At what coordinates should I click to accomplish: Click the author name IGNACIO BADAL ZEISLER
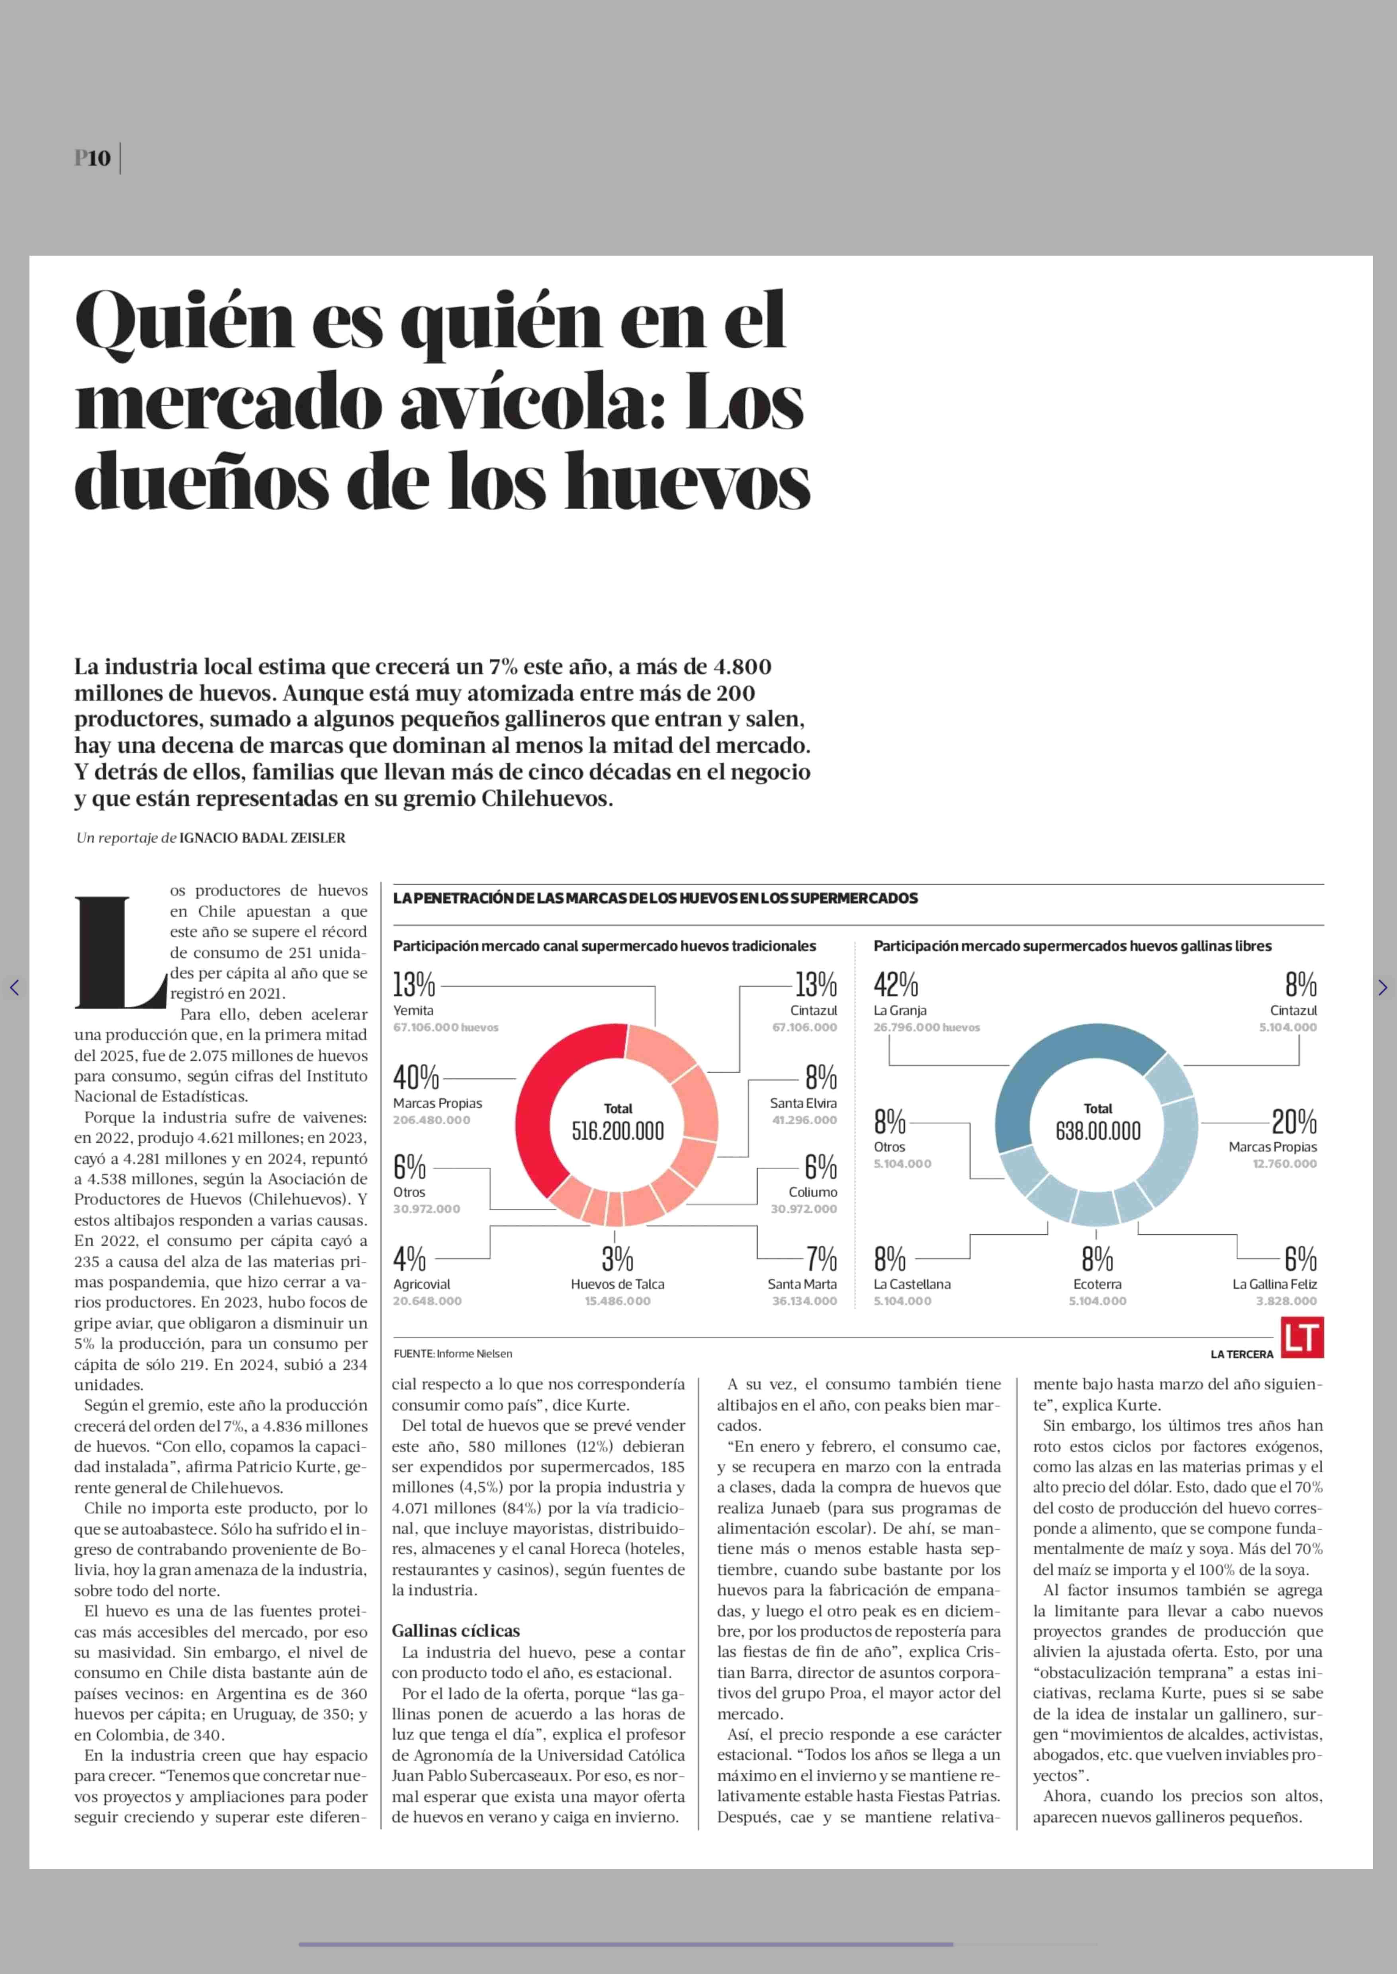click(262, 838)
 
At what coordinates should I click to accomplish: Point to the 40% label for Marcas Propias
click(416, 1077)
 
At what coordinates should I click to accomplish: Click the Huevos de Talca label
click(618, 1284)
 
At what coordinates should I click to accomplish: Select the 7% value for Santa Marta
click(822, 1259)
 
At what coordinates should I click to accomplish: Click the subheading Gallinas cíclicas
click(456, 1631)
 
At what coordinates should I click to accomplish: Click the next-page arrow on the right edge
click(1382, 987)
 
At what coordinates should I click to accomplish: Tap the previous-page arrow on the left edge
click(14, 987)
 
